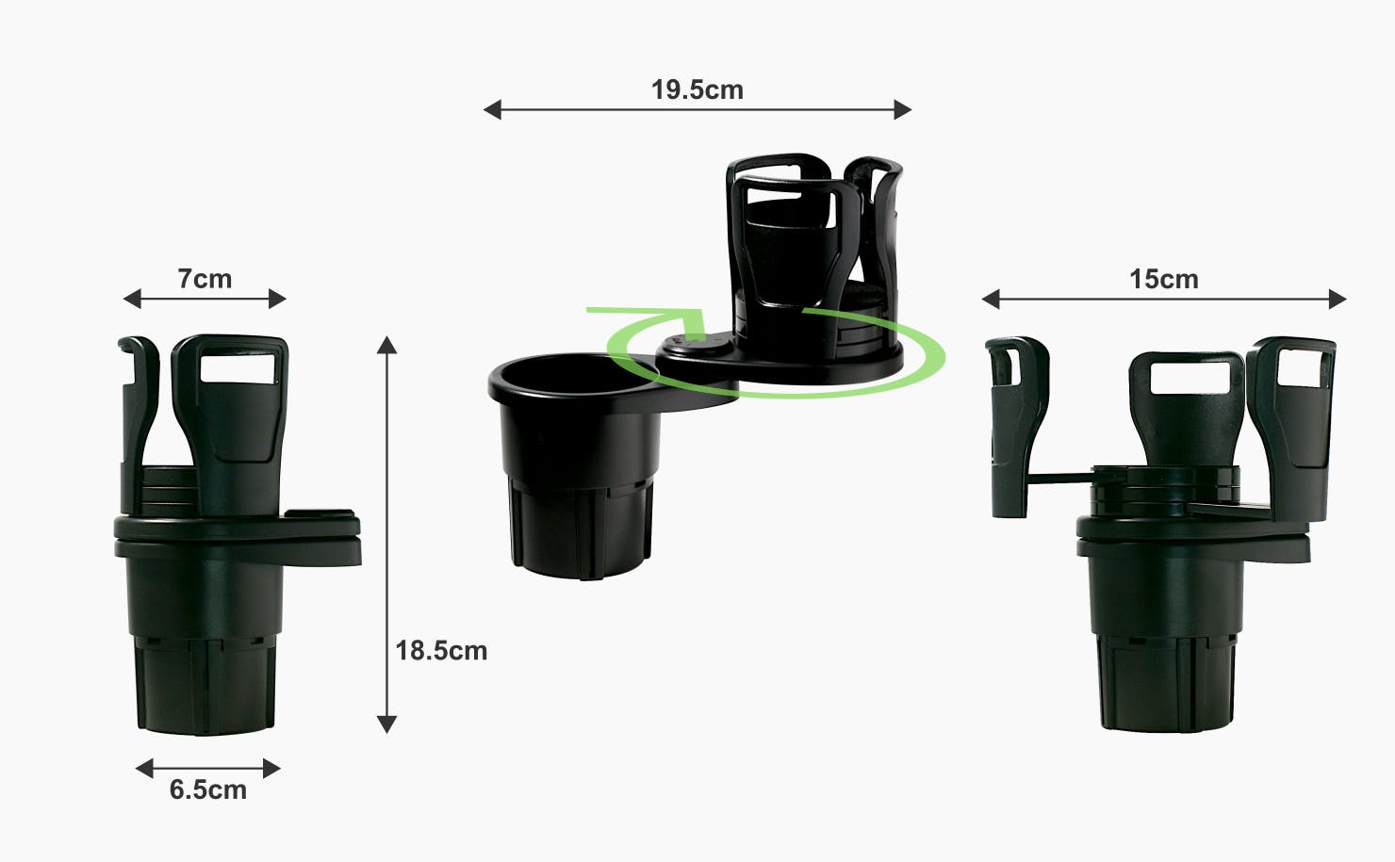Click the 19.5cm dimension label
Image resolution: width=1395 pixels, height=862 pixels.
pyautogui.click(x=697, y=90)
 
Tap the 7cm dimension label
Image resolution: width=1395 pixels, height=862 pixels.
pyautogui.click(x=205, y=279)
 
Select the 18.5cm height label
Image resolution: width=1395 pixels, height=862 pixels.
pyautogui.click(x=441, y=651)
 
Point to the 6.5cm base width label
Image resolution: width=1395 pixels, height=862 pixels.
pyautogui.click(x=208, y=789)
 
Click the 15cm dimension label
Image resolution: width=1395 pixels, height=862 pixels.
pyautogui.click(x=1163, y=280)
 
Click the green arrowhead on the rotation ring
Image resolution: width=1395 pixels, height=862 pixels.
pyautogui.click(x=695, y=326)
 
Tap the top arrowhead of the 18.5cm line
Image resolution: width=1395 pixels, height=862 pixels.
pyautogui.click(x=386, y=345)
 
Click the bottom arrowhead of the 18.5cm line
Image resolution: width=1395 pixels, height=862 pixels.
pyautogui.click(x=386, y=724)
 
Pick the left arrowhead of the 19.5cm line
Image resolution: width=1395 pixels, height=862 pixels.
pyautogui.click(x=492, y=109)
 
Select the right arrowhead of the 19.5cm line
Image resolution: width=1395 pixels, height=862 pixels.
pyautogui.click(x=903, y=109)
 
